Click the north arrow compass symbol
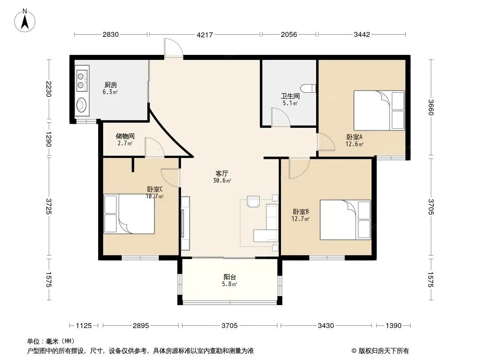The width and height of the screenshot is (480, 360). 24,21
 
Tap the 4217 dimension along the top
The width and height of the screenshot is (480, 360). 204,35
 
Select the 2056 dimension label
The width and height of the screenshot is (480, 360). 289,35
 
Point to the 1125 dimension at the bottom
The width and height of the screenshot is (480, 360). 84,326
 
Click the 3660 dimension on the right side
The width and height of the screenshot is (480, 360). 431,107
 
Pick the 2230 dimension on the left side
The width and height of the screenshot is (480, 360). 49,89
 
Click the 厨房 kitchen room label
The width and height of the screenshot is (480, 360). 110,85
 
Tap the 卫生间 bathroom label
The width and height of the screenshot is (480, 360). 290,96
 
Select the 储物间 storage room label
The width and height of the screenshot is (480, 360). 125,136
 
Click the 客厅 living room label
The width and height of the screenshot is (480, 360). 222,173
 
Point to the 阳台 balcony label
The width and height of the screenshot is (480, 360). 230,277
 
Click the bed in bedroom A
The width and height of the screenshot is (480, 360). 379,110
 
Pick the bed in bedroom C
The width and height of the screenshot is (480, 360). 129,214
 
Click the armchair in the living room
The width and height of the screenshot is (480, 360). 253,202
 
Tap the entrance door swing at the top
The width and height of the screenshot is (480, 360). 173,48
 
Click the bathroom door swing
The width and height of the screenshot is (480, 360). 281,117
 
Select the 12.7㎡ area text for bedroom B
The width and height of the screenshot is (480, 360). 300,219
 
